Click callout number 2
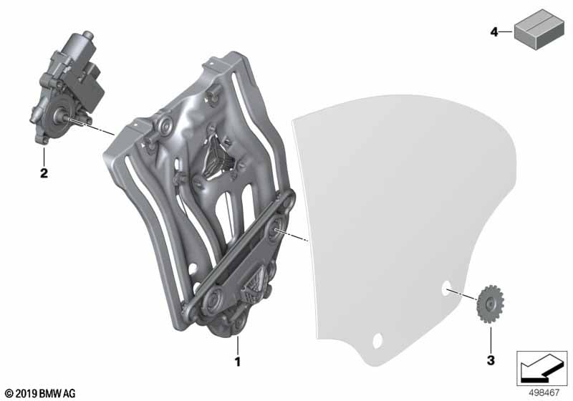click(x=44, y=173)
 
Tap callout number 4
click(x=494, y=32)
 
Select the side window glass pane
click(x=401, y=215)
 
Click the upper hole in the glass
click(x=447, y=289)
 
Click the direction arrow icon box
click(x=542, y=368)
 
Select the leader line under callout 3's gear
click(x=491, y=332)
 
